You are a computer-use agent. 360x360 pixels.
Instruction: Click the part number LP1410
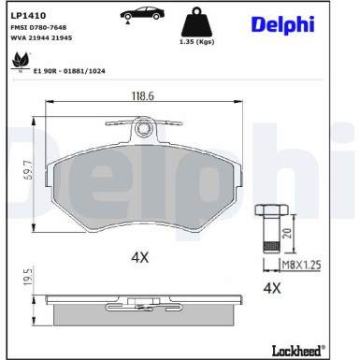pos(25,17)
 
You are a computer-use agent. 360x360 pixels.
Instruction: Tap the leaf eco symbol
pos(18,62)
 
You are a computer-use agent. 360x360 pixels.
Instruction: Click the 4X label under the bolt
pos(272,289)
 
